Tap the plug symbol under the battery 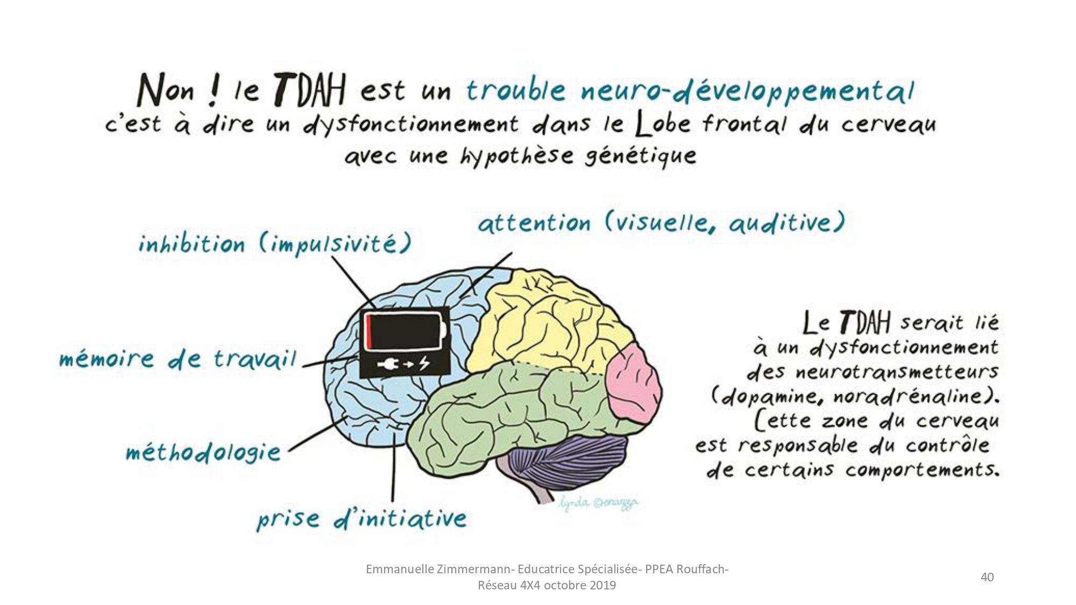[x=388, y=365]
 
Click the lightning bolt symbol [x=424, y=364]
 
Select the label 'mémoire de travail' [x=178, y=359]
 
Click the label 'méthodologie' [x=203, y=452]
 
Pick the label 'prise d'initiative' [x=362, y=518]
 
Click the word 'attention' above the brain [x=534, y=223]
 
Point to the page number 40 [x=987, y=577]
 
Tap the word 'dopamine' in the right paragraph [x=772, y=397]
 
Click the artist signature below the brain [x=598, y=503]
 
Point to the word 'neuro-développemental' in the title [x=748, y=91]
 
